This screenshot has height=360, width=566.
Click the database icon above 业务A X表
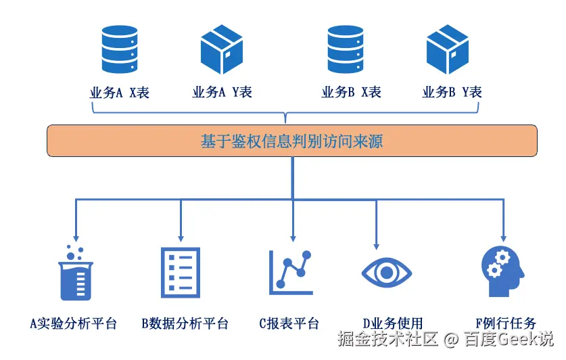(120, 50)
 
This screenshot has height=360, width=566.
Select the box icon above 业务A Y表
(222, 49)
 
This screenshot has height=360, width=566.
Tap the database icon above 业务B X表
(347, 50)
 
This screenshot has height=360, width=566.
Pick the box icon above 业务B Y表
(448, 49)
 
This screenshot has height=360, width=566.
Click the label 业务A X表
(120, 93)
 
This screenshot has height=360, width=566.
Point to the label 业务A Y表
(222, 93)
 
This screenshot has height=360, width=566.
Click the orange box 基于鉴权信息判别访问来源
(292, 141)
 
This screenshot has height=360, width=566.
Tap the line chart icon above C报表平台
(291, 273)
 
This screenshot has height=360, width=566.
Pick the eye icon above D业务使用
(386, 273)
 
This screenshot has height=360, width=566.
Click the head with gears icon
(502, 271)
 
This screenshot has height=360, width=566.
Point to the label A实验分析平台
(74, 323)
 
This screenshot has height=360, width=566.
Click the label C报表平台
(289, 323)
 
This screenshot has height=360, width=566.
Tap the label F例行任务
(506, 323)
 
